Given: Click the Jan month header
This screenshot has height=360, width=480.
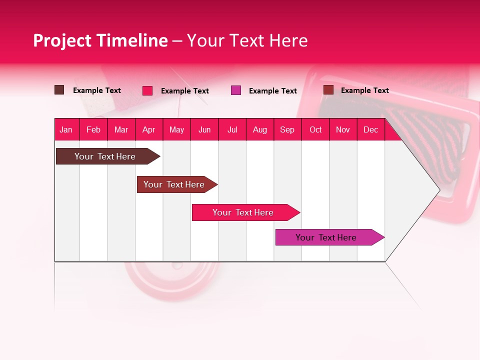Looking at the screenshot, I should click(x=66, y=129).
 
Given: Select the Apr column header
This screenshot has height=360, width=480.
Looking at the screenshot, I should click(x=149, y=129).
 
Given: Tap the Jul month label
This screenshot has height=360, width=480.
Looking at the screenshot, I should click(x=232, y=129).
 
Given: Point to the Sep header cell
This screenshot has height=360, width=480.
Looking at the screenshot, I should click(x=287, y=129).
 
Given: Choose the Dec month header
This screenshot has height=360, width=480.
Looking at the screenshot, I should click(x=370, y=129).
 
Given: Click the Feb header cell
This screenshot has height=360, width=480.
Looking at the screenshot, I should click(x=93, y=129).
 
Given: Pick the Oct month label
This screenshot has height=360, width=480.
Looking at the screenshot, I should click(x=315, y=129).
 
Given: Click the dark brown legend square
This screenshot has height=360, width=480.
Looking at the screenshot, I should click(x=59, y=90).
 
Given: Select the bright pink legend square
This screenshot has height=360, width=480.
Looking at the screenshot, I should click(x=147, y=90).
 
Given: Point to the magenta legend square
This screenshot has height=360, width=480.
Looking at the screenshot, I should click(x=236, y=90).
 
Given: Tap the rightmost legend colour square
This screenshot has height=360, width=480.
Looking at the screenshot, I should click(x=328, y=90).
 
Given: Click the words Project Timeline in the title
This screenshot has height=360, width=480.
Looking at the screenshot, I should click(x=100, y=40).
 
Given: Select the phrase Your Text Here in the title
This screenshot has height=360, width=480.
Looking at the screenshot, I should click(x=247, y=40).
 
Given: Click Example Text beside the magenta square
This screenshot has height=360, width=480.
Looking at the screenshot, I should click(x=273, y=91).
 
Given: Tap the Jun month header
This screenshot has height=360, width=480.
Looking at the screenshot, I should click(x=204, y=129).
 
